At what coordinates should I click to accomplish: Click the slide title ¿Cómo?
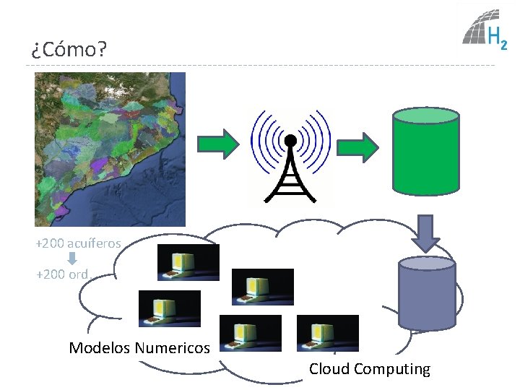[x=68, y=50]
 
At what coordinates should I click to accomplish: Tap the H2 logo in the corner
[x=484, y=32]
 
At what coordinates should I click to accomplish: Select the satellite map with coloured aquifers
[x=110, y=149]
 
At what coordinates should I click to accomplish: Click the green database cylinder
[x=425, y=152]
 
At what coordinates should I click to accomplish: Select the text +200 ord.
[x=62, y=274]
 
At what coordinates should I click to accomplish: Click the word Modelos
[x=100, y=348]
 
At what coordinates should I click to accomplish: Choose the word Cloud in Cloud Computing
[x=329, y=369]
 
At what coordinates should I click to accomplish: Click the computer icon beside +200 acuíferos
[x=188, y=261]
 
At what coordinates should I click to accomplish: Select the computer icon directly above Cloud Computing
[x=327, y=333]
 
